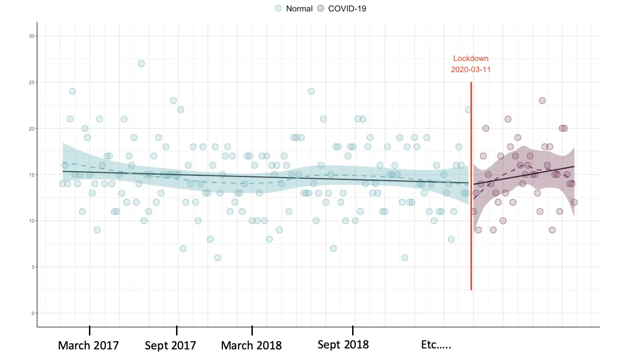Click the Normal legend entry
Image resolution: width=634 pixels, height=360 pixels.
tap(294, 8)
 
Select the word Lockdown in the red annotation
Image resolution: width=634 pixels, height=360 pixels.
tap(471, 59)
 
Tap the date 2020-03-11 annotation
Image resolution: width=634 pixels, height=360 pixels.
tap(471, 69)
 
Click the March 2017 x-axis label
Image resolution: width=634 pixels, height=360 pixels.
tap(88, 345)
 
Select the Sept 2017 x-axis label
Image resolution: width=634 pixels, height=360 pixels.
tap(170, 345)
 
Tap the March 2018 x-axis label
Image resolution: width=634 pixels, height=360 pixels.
tap(251, 345)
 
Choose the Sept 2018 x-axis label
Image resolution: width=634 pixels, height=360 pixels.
tap(343, 345)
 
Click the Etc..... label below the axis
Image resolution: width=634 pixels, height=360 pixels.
tap(436, 345)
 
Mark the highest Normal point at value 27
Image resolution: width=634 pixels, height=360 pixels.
tap(141, 64)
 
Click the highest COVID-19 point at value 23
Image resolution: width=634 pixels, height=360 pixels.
tap(542, 101)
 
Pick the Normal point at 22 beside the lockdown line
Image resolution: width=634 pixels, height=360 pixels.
tap(468, 110)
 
